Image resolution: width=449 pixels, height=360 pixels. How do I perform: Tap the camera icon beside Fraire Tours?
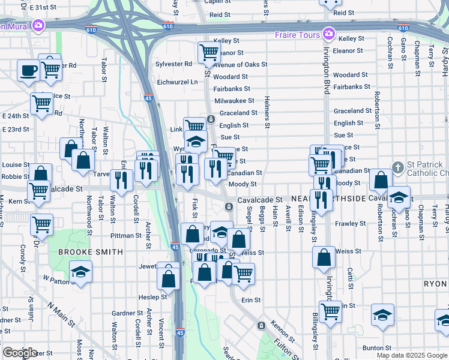pos(328,34)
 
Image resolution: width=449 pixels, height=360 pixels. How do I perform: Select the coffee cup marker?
pos(28,71)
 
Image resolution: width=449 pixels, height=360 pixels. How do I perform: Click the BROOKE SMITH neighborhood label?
pos(90,252)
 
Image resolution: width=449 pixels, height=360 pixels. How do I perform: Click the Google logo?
pos(19,353)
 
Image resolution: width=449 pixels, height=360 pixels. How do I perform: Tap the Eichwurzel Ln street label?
pos(176,82)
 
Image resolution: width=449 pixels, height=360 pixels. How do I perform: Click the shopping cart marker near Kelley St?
pos(208,53)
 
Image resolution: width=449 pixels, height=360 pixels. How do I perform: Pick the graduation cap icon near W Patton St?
pos(80,272)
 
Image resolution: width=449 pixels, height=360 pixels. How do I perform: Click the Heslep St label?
pos(153,297)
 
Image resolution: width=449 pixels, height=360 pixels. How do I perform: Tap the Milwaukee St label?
pos(234,101)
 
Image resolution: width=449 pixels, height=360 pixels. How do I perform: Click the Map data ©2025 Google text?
pos(411,355)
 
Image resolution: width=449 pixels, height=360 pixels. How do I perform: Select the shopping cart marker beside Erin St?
pos(243,274)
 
